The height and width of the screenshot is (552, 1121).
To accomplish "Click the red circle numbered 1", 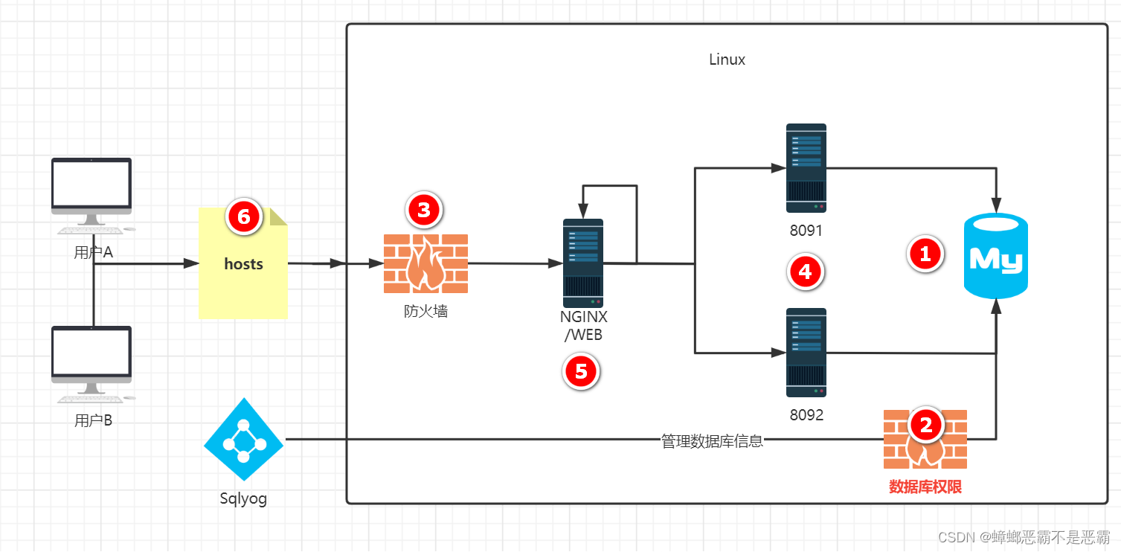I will [x=925, y=254].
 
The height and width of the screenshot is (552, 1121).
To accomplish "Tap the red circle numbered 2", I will [x=926, y=425].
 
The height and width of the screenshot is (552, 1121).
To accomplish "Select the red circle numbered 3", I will [x=424, y=210].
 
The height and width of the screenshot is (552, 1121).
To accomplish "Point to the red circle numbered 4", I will [x=805, y=272].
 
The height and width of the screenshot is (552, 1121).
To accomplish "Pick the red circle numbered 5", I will [x=582, y=371].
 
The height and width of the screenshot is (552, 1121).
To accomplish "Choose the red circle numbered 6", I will [x=244, y=217].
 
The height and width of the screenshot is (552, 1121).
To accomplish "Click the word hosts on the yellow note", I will [x=243, y=264].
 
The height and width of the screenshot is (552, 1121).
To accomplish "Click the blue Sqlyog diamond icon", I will [x=243, y=440].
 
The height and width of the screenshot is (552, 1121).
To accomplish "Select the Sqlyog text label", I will [x=243, y=498].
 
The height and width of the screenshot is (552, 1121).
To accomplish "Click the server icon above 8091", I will [x=806, y=168].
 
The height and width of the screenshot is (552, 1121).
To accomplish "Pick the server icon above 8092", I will [x=806, y=353].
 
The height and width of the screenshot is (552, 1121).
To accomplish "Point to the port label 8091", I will [x=806, y=231].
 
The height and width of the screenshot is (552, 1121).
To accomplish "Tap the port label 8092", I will [x=806, y=415].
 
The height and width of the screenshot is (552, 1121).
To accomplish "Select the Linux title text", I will [x=727, y=60].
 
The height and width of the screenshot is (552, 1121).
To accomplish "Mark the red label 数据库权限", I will [x=925, y=487].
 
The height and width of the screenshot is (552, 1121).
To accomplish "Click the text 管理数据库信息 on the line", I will [x=712, y=441].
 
